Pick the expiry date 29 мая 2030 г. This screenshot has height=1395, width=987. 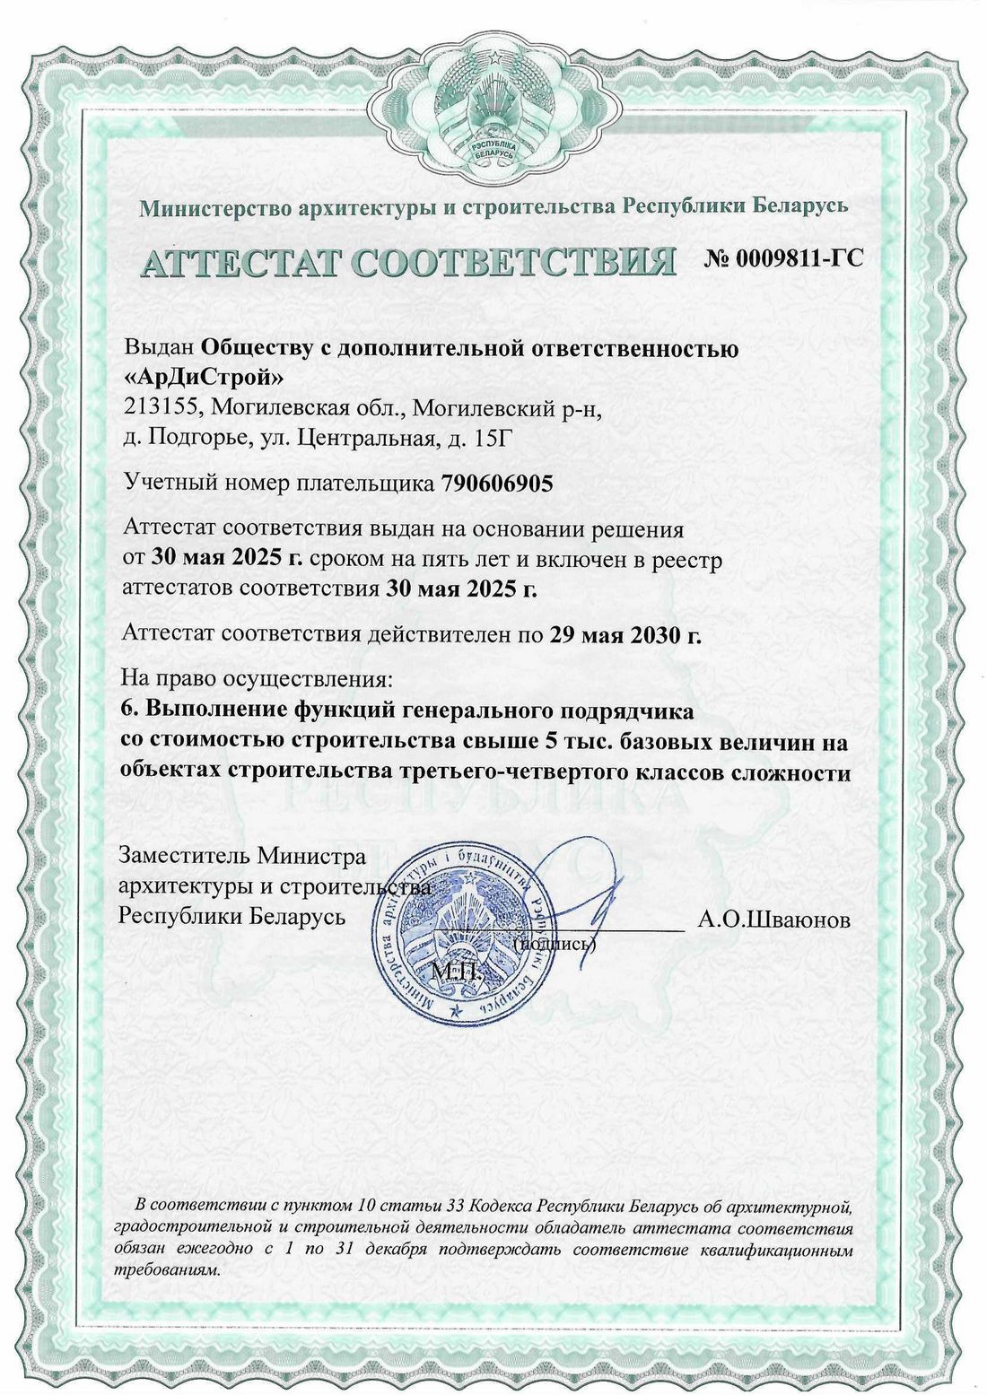tap(625, 635)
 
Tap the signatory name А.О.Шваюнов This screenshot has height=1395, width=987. tap(773, 920)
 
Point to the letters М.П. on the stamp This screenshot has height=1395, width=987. tap(457, 972)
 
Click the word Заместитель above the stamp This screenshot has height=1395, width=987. tap(184, 856)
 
